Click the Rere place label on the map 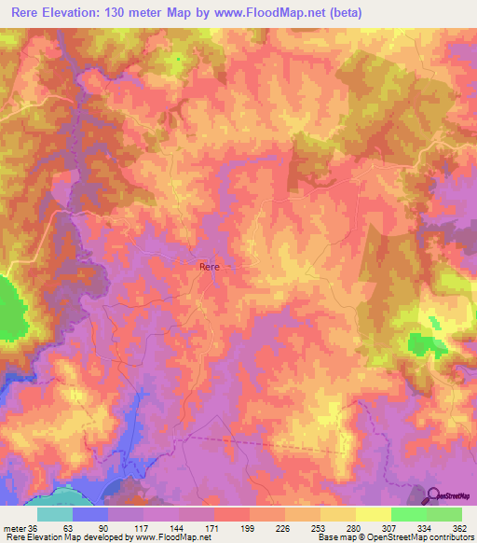pos(210,267)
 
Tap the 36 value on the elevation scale pos(33,527)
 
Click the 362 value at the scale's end pos(458,527)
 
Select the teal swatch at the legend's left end pos(55,514)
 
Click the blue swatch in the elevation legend pos(90,514)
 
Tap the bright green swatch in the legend pos(409,514)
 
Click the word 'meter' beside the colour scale pos(13,527)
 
